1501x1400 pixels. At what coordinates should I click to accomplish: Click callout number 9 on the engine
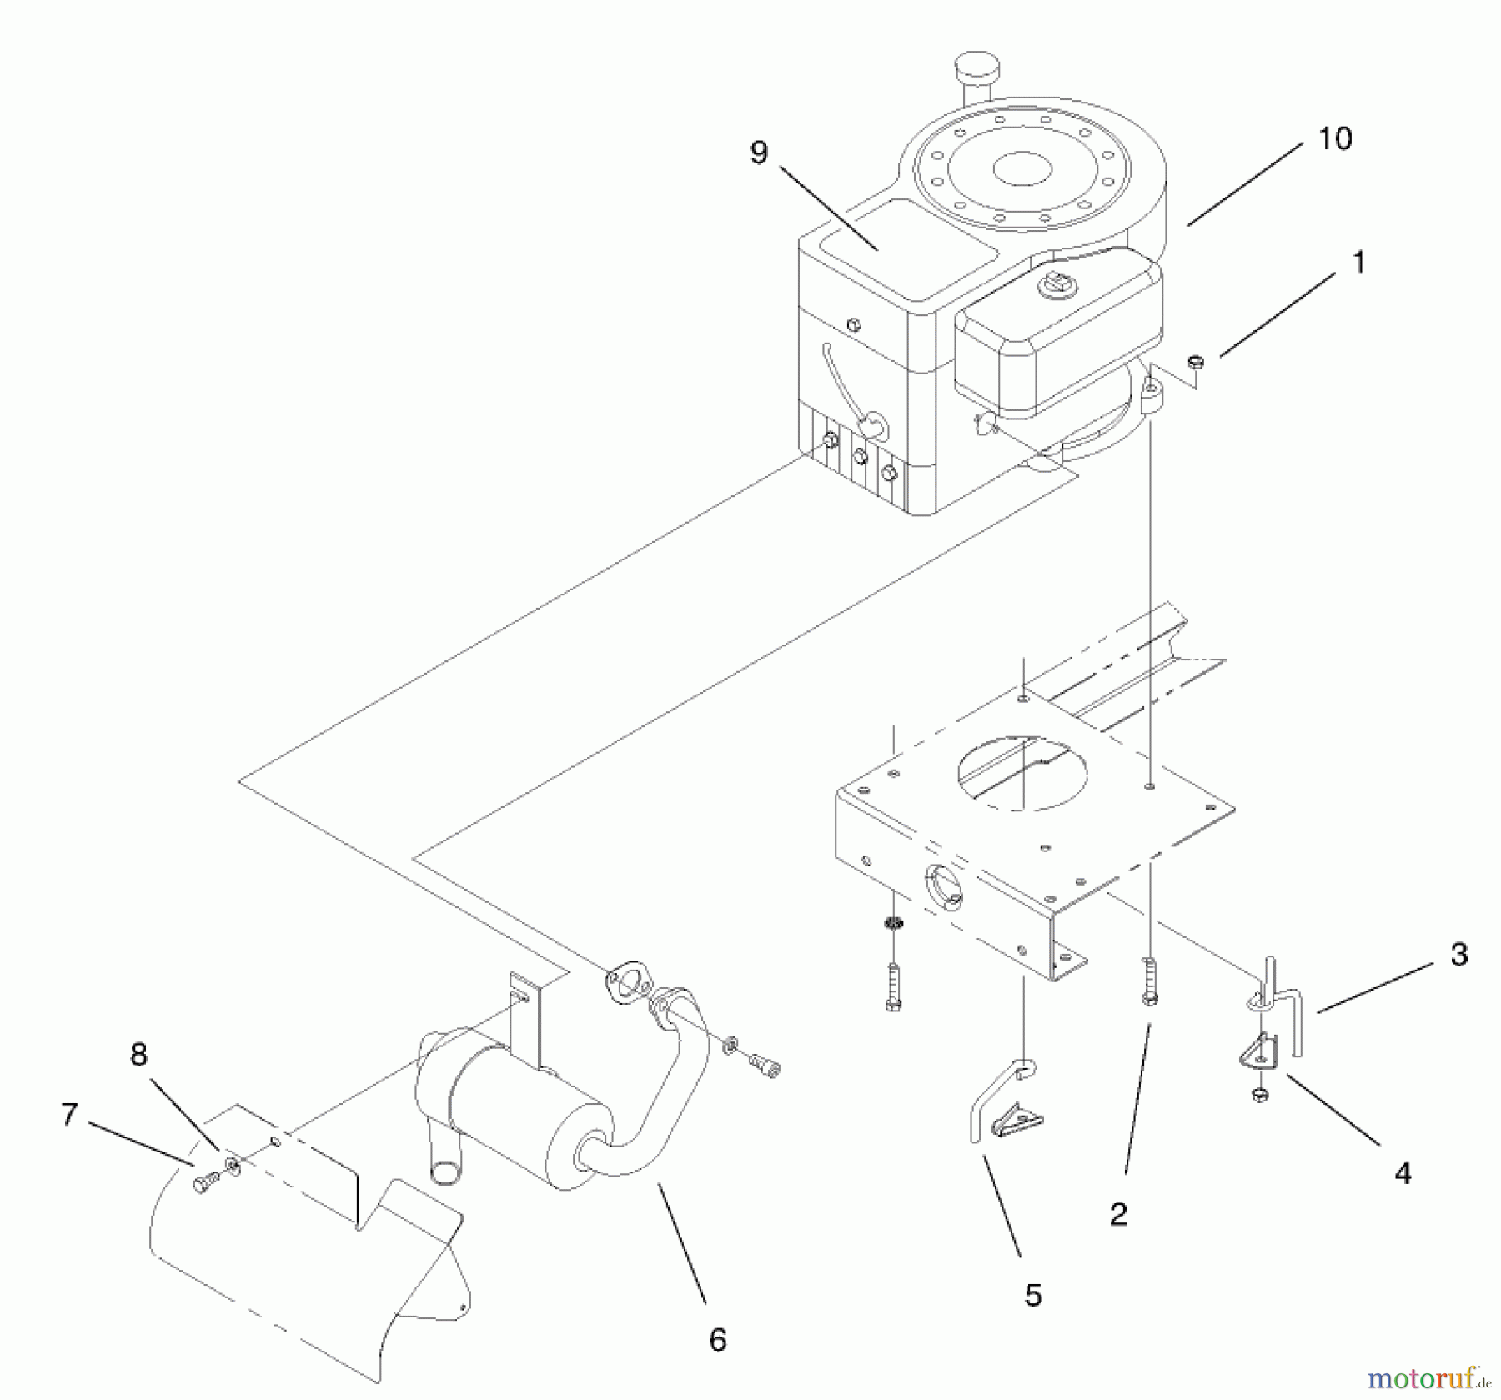coord(758,153)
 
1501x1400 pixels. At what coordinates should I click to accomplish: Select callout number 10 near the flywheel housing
coord(1334,138)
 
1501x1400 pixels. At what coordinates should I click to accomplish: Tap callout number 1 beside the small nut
coord(1358,263)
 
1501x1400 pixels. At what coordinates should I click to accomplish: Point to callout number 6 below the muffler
coord(717,1340)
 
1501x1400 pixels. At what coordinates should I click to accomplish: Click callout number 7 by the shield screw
coord(69,1114)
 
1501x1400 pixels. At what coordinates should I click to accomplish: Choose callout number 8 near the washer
coord(138,1055)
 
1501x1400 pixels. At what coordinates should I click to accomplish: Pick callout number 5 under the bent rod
coord(1033,1295)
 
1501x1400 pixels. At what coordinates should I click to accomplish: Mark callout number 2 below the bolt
coord(1118,1214)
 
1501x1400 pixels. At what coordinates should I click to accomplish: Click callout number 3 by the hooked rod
coord(1458,954)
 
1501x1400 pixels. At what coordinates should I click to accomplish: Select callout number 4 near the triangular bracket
coord(1403,1173)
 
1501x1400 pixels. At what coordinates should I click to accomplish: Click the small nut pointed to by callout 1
coord(1194,361)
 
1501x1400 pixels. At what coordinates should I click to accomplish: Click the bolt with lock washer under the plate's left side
coord(893,976)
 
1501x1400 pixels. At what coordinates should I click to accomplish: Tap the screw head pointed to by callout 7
coord(202,1182)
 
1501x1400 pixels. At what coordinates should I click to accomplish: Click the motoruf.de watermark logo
coord(1428,1379)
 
